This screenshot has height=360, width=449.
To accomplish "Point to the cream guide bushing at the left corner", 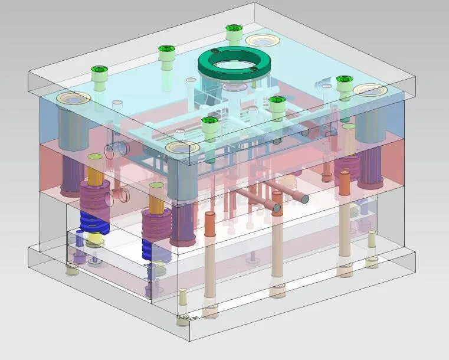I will (x=73, y=98).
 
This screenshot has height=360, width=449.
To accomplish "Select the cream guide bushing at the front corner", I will (x=182, y=147).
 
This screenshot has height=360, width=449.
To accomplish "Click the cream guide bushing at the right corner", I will (x=370, y=90).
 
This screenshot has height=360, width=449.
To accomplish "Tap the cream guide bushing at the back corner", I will (x=263, y=40).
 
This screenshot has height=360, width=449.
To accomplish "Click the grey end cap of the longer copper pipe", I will (x=303, y=199).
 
